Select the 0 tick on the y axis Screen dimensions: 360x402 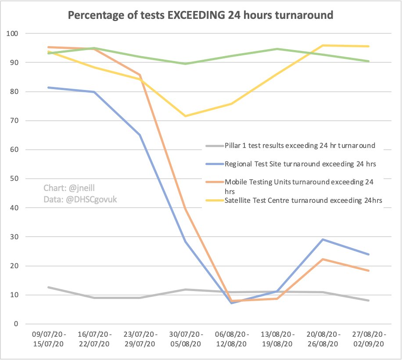[x=15, y=324]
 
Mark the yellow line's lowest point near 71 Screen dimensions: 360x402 [x=185, y=116]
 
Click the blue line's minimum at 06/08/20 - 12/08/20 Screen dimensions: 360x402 [x=231, y=303]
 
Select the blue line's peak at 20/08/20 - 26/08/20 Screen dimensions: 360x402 [x=323, y=239]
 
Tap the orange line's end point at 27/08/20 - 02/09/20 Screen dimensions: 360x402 [x=368, y=271]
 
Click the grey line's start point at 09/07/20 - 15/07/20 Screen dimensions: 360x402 [x=48, y=287]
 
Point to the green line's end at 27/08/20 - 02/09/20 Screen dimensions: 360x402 [x=368, y=61]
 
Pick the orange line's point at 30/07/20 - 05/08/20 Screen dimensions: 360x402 [x=185, y=209]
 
